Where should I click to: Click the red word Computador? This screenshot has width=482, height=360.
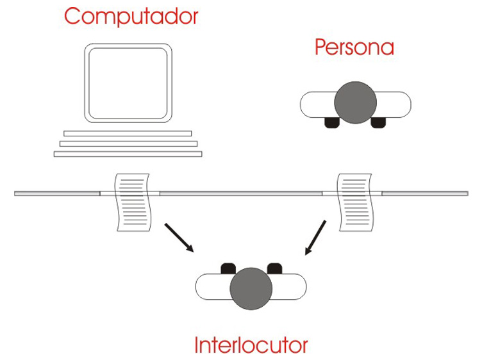(131, 16)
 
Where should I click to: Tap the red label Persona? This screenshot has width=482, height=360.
(354, 47)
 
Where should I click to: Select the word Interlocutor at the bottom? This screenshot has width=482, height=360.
(251, 345)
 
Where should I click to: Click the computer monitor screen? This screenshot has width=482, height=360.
(128, 83)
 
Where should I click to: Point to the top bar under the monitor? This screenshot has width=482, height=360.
(128, 134)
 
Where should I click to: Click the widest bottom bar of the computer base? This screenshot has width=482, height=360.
(128, 154)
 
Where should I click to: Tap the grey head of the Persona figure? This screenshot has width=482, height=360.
(355, 102)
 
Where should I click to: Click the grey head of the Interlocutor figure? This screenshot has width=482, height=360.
(251, 288)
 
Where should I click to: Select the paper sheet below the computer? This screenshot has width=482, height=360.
(133, 202)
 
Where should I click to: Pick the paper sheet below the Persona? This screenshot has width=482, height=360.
(356, 202)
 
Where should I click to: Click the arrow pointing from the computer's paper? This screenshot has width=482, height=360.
(179, 238)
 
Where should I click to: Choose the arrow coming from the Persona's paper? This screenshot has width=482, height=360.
(315, 238)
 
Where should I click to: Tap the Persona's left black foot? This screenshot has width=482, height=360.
(332, 122)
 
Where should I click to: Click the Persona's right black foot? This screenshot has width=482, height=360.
(378, 122)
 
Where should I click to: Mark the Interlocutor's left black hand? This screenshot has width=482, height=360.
(228, 268)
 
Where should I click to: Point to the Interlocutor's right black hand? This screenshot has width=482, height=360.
(274, 268)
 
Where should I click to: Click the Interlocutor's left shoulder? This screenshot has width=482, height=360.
(213, 286)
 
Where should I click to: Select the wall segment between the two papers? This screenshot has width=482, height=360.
(241, 193)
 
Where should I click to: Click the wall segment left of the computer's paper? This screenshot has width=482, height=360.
(57, 193)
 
